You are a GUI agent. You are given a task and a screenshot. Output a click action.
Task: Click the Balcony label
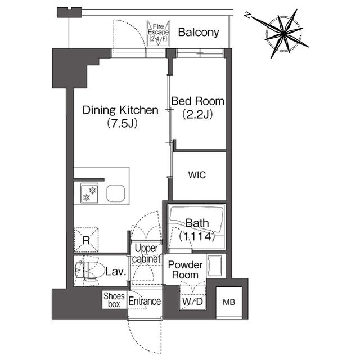point(199,33)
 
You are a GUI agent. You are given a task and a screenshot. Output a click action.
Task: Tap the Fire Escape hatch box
point(158,34)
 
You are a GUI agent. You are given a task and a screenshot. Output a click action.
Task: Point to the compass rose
point(283,34)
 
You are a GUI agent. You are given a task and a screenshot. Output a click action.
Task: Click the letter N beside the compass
point(247,15)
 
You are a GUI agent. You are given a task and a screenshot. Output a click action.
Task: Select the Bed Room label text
point(197,101)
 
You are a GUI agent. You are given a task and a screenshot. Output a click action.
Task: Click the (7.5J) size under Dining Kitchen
point(122,124)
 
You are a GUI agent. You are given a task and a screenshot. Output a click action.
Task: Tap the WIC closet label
point(197,175)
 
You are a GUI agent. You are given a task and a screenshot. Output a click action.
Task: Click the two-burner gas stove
point(89,193)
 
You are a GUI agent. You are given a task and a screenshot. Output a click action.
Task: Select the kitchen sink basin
point(116,193)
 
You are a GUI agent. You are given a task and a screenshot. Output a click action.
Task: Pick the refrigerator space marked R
point(86,240)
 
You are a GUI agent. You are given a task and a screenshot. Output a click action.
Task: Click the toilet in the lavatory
point(88,271)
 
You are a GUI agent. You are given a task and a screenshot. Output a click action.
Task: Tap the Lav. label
point(116,272)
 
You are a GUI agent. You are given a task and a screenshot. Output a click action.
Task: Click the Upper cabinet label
point(146,254)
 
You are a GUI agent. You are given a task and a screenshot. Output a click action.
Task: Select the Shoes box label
point(114,300)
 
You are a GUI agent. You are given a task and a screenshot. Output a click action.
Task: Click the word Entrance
point(145,301)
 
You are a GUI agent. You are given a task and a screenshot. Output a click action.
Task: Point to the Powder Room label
point(185,270)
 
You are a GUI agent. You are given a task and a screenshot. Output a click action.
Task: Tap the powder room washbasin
point(215,265)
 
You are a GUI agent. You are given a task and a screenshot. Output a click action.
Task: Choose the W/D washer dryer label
point(193,301)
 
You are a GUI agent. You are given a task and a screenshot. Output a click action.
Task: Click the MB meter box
point(229,302)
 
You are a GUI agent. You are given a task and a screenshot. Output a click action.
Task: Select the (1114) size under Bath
point(197,236)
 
